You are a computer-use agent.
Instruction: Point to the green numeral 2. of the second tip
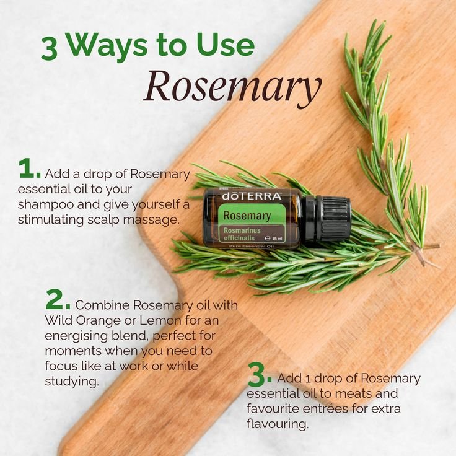(58, 299)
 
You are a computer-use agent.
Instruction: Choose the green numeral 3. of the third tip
(260, 375)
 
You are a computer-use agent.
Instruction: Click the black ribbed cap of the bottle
(328, 219)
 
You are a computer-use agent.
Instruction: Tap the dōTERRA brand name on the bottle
(252, 196)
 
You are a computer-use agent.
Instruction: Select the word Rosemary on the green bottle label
(247, 216)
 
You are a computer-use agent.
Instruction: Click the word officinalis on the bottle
(239, 238)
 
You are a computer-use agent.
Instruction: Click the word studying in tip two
(72, 381)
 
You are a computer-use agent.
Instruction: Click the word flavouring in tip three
(278, 424)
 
